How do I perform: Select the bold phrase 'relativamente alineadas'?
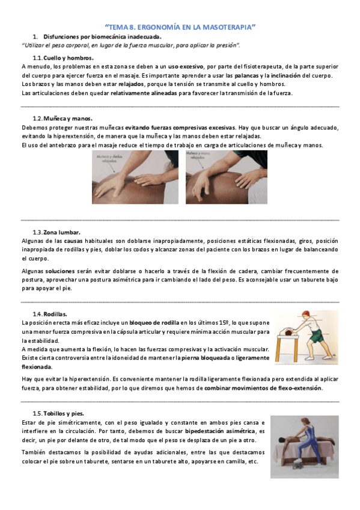142,93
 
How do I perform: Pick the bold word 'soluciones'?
60,271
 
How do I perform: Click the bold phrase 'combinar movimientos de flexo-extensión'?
263,388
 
